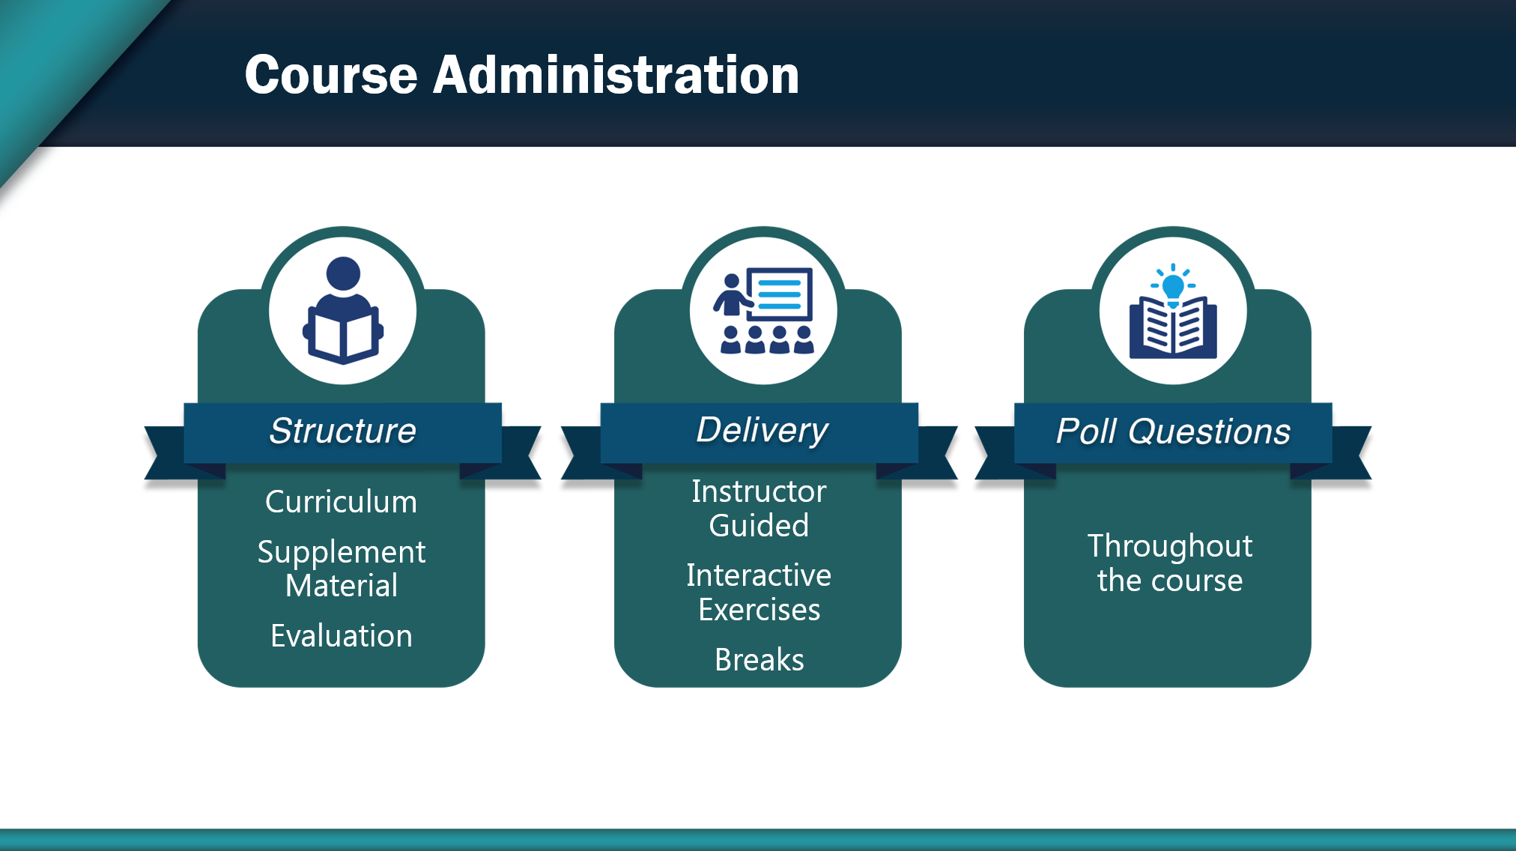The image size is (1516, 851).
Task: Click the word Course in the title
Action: tap(331, 75)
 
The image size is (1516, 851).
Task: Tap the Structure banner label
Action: tap(342, 431)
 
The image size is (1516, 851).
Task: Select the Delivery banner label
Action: tap(762, 430)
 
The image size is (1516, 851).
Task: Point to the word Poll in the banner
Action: tap(1086, 431)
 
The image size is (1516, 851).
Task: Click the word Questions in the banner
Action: tap(1209, 431)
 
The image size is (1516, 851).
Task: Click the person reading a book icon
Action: tap(343, 310)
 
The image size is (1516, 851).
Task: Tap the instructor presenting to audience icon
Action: tap(763, 310)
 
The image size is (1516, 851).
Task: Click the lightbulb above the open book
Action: tap(1173, 285)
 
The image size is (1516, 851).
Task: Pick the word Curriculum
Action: tap(341, 502)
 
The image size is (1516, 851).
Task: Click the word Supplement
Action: tap(341, 552)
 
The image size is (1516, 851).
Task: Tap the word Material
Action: tap(341, 586)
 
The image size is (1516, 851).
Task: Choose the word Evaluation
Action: tap(341, 636)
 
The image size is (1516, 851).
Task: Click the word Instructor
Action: tap(759, 491)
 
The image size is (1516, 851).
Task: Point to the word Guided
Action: tap(759, 526)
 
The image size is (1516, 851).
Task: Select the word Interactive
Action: tap(759, 575)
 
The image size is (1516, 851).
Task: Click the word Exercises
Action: tap(759, 610)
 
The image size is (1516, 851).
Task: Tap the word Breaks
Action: tap(759, 660)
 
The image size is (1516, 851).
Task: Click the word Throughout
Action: tap(1169, 546)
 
